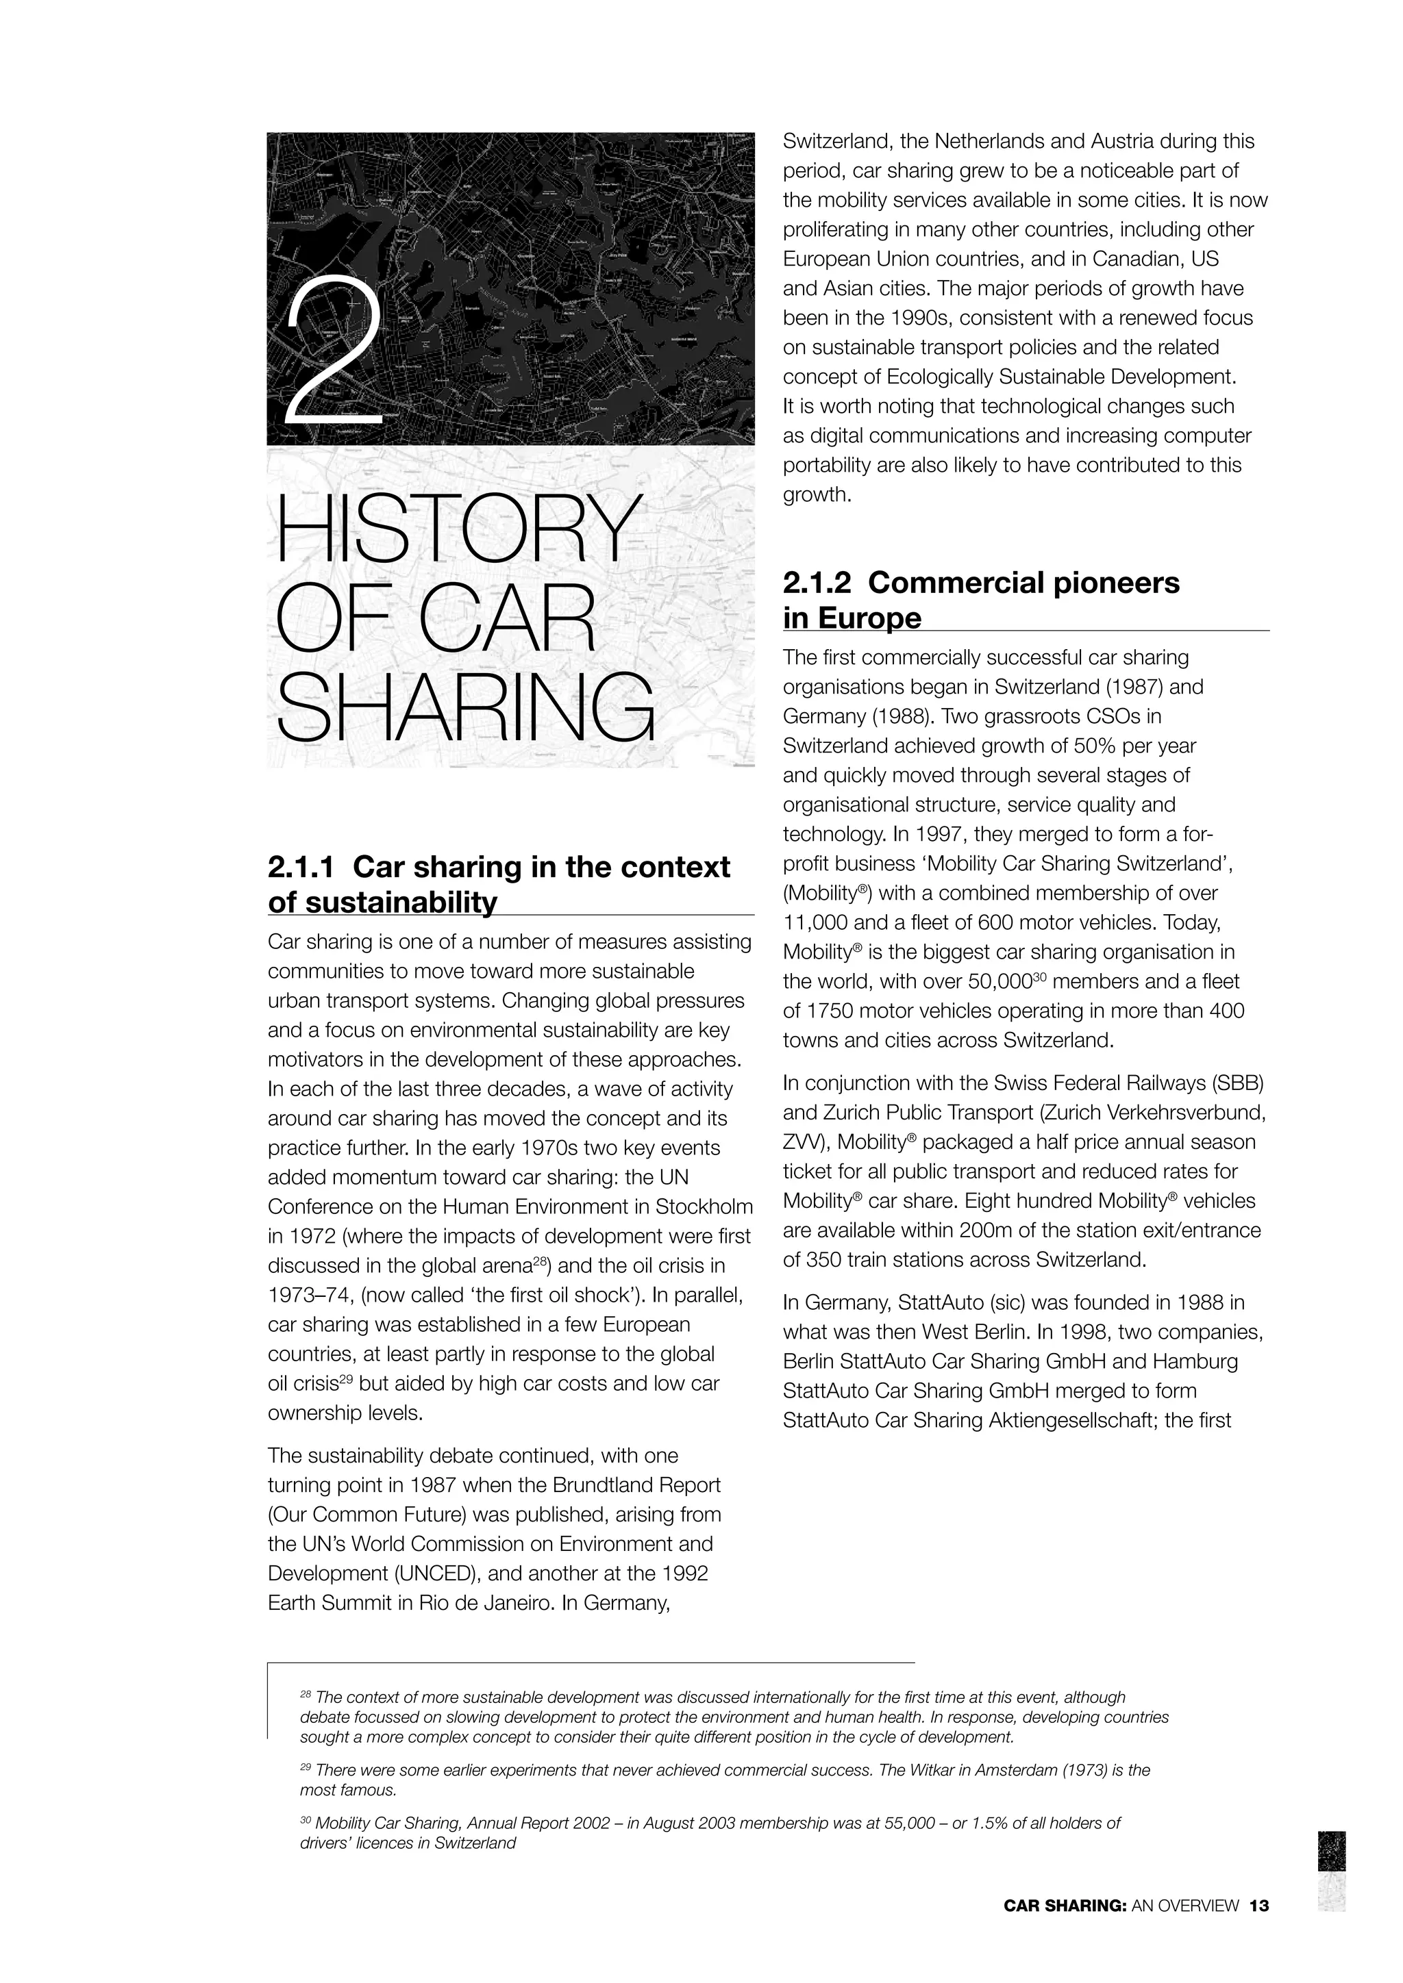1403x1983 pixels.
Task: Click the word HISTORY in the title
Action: coord(456,529)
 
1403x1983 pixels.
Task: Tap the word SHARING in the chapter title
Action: coord(464,711)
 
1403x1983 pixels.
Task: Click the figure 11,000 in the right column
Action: coord(817,923)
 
